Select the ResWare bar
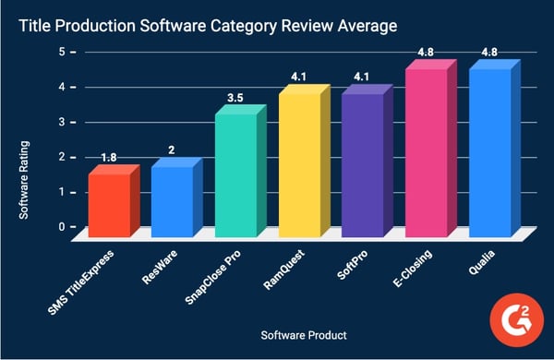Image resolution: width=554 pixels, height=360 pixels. tap(173, 200)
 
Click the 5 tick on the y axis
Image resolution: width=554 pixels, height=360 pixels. tap(61, 52)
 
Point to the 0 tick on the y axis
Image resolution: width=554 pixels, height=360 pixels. tap(61, 226)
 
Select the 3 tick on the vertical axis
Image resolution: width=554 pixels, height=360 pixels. tap(61, 122)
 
